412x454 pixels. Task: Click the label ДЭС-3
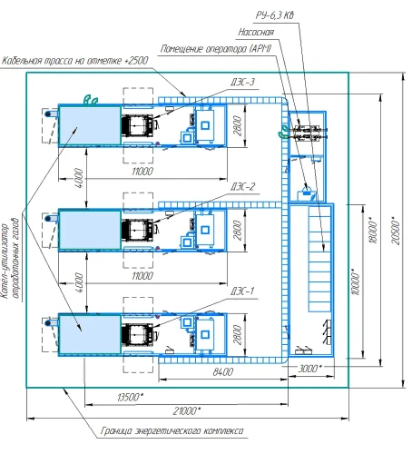pos(242,82)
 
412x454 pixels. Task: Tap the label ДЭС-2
pos(242,186)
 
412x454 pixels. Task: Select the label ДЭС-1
pos(242,291)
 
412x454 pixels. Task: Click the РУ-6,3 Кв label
pos(275,15)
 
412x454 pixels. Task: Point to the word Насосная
pos(256,32)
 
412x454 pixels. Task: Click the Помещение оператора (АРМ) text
pos(216,49)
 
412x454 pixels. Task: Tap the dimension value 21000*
pos(187,410)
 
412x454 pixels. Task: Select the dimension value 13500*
pos(130,397)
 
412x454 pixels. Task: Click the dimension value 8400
pos(223,371)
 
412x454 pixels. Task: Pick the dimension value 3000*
pos(309,369)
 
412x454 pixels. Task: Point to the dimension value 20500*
pos(395,231)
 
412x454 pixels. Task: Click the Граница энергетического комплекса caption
pos(172,430)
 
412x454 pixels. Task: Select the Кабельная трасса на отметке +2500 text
pos(75,61)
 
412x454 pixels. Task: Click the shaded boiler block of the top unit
pos(90,125)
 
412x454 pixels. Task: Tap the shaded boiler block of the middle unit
pos(90,230)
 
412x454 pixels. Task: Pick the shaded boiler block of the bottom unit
pos(90,334)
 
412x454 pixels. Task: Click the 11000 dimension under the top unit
pos(142,172)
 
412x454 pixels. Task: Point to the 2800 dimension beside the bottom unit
pos(238,335)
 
